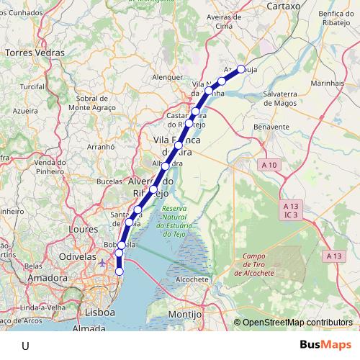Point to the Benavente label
272,126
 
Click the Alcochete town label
191,279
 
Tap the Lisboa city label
100,313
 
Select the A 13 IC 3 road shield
291,210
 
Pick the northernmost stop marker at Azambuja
241,69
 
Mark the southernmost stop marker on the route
120,271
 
